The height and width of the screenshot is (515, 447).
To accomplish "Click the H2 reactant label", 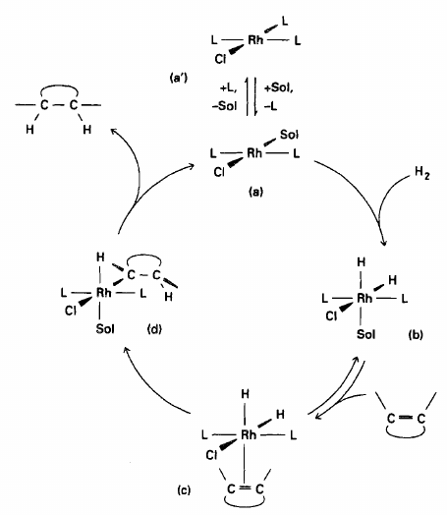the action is (x=422, y=173).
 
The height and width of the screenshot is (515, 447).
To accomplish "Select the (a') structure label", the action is (x=179, y=78).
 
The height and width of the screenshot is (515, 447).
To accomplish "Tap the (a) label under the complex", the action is (x=255, y=191).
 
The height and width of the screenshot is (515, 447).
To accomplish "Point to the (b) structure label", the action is (x=416, y=334).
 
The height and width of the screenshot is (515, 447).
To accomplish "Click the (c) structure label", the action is (x=184, y=490).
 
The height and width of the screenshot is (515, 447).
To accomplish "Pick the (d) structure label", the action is (x=154, y=329).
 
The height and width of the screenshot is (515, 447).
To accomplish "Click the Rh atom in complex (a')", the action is (x=255, y=40).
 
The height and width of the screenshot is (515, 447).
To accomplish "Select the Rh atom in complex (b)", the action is (x=364, y=298).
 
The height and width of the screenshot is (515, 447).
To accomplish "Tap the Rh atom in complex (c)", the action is (x=249, y=434).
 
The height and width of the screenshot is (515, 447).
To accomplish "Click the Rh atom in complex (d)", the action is (x=104, y=292).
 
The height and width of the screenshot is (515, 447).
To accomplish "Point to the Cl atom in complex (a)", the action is (x=219, y=171).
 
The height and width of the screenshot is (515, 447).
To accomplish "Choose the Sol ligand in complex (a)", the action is (x=289, y=135).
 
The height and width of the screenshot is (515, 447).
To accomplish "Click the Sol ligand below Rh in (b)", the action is (x=365, y=334).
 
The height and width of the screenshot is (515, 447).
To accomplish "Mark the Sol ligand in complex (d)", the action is (x=105, y=328).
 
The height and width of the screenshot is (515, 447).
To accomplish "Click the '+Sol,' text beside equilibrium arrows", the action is (x=279, y=88).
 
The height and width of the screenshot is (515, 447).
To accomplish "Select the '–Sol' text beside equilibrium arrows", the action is (x=224, y=106).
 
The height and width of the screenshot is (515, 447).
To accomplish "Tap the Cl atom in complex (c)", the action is (x=211, y=455).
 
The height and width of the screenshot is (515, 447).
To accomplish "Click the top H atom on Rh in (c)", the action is (x=245, y=394).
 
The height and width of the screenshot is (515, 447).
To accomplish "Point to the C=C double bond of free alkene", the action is (x=406, y=418).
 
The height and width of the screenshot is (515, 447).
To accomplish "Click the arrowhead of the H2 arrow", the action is (x=384, y=244).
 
